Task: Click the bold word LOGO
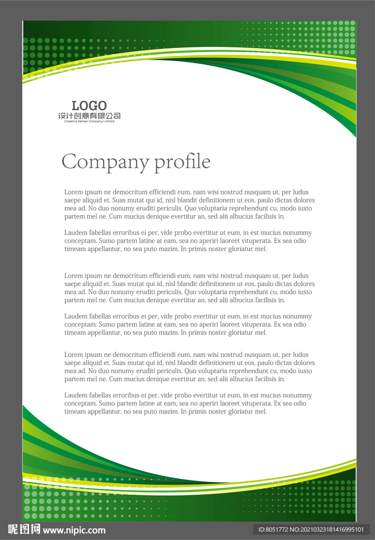(89, 105)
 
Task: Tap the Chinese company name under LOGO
(89, 115)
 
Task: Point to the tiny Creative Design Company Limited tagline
(89, 121)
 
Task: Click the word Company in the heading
(105, 161)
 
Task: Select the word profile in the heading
(182, 161)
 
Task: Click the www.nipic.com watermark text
(74, 530)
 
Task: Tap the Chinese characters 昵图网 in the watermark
(24, 529)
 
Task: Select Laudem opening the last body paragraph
(76, 395)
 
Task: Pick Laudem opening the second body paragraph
(76, 233)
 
